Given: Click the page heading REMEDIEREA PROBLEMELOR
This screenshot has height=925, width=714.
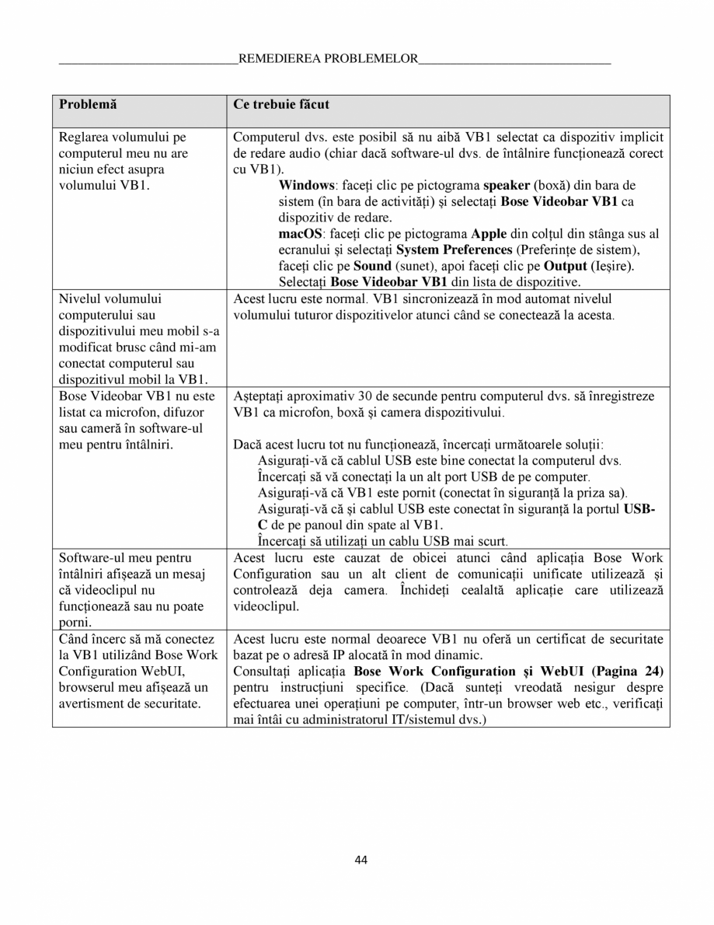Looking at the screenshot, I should point(328,58).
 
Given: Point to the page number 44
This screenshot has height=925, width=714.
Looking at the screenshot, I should point(360,859).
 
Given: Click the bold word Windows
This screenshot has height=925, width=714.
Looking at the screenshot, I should point(305,186).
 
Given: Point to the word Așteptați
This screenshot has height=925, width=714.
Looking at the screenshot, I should point(261,396).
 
